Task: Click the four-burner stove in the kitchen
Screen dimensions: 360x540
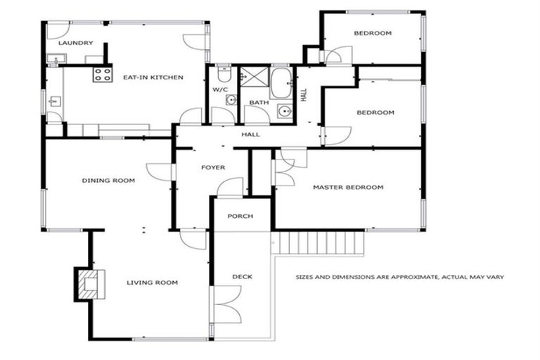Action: pyautogui.click(x=102, y=74)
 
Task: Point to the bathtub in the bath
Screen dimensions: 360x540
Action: pyautogui.click(x=282, y=84)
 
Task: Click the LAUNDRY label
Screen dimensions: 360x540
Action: pyautogui.click(x=75, y=43)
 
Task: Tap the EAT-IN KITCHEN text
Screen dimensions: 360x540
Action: pyautogui.click(x=153, y=77)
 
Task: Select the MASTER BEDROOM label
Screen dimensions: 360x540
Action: pyautogui.click(x=348, y=187)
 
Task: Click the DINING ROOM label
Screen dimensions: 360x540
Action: pyautogui.click(x=108, y=181)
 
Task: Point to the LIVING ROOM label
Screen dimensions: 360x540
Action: pyautogui.click(x=152, y=283)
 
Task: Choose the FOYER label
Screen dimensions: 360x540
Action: pyautogui.click(x=213, y=167)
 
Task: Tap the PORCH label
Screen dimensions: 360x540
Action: pyautogui.click(x=240, y=216)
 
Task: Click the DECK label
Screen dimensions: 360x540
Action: pyautogui.click(x=242, y=276)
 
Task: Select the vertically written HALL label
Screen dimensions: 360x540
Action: pyautogui.click(x=304, y=94)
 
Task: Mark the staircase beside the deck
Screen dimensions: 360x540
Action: pyautogui.click(x=320, y=243)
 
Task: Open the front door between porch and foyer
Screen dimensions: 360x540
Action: pyautogui.click(x=231, y=187)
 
